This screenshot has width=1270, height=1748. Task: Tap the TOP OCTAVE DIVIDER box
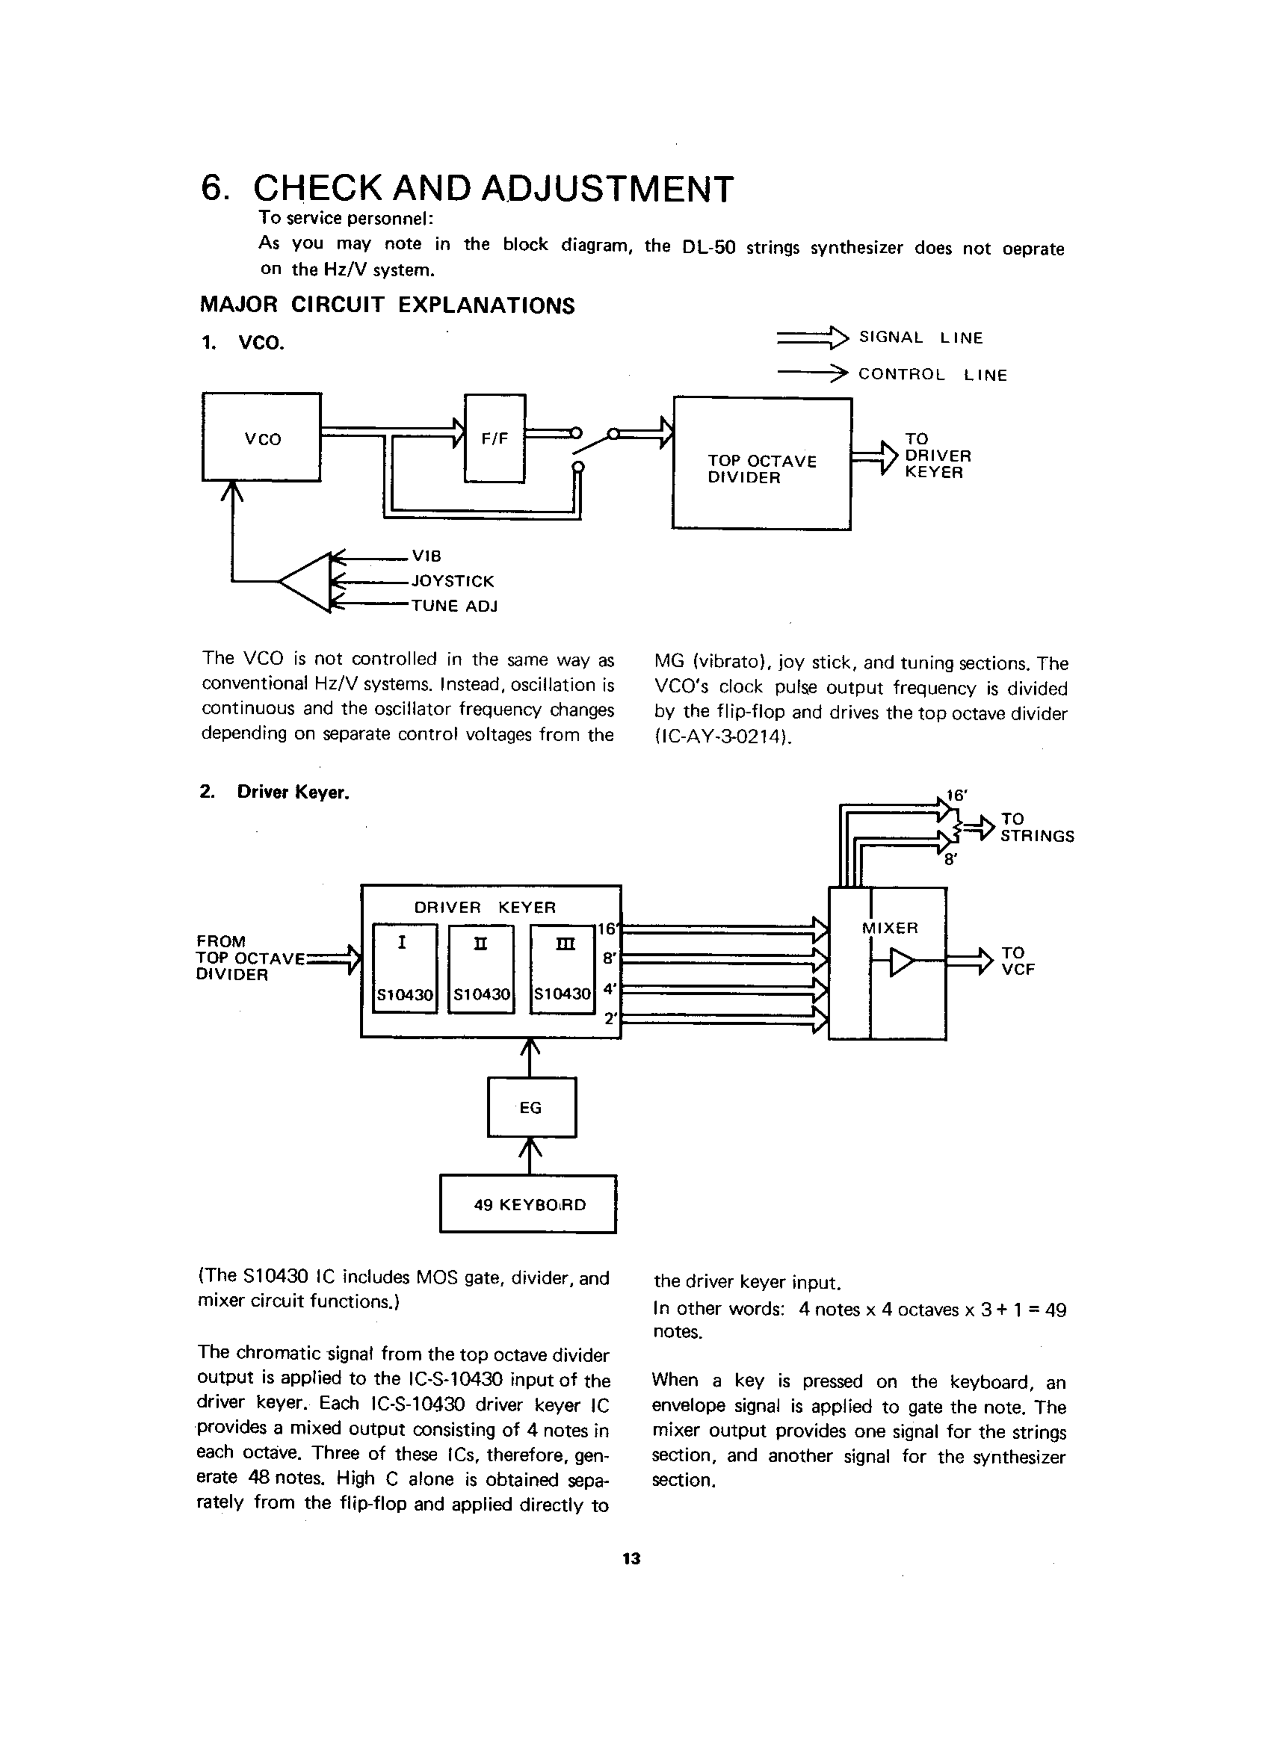click(x=761, y=463)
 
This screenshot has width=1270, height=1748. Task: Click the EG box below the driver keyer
click(x=531, y=1107)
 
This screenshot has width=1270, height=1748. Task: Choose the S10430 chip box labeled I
click(x=405, y=968)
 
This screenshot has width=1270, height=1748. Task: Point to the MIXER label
click(x=890, y=928)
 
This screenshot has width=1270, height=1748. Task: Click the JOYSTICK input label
click(x=452, y=581)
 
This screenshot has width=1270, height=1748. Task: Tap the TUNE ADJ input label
click(x=454, y=606)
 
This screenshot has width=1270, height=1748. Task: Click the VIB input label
click(x=426, y=556)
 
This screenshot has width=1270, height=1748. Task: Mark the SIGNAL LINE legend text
click(x=921, y=338)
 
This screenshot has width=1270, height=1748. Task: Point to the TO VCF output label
click(x=1017, y=961)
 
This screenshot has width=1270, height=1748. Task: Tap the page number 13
click(x=631, y=1558)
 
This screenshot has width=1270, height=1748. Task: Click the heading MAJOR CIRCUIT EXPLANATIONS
click(x=387, y=305)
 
